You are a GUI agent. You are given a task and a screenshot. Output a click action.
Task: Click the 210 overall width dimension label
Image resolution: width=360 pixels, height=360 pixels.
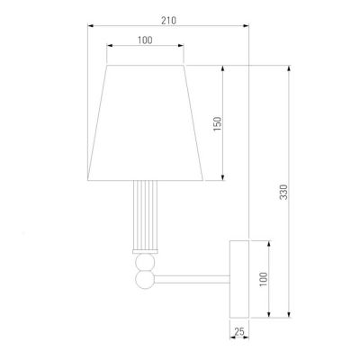coord(169,21)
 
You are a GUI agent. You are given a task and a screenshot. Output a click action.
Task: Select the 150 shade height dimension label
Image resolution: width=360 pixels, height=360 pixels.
coord(218,123)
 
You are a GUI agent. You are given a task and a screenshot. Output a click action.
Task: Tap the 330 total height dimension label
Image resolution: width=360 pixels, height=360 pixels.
coord(283,192)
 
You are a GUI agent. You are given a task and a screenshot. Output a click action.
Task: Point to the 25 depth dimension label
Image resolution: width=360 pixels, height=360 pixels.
coord(239,332)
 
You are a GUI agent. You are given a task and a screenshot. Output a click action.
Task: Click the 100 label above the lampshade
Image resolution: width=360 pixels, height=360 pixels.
coord(145,40)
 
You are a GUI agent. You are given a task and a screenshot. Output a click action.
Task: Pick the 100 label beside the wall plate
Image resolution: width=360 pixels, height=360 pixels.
coord(263,279)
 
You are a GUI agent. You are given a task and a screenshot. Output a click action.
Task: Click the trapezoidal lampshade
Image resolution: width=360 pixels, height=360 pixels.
coord(145,122)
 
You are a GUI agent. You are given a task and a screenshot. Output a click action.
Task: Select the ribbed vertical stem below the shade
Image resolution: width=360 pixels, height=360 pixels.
coord(145,215)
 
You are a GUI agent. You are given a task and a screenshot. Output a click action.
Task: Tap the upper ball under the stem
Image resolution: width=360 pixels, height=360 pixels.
coord(145,262)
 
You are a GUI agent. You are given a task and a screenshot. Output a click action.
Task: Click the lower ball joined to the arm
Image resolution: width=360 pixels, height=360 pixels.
coord(145,280)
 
